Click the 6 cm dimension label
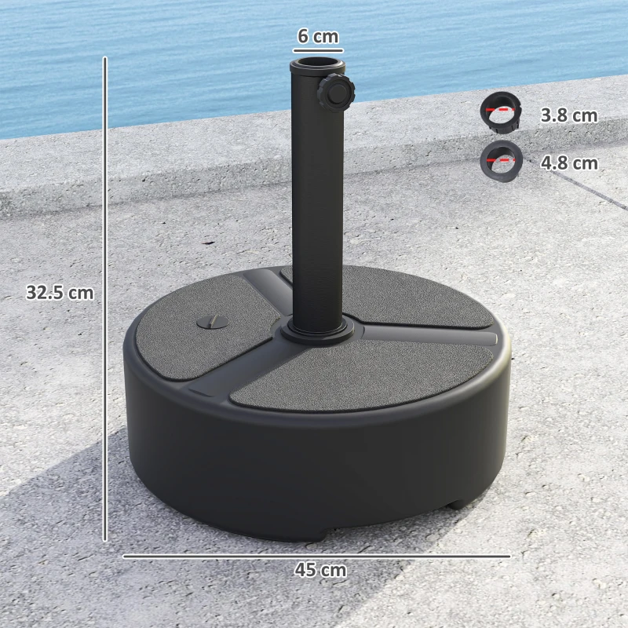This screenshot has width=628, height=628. pos(318,36)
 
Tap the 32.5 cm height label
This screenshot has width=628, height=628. pos(60,293)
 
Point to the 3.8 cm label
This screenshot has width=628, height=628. pos(568,116)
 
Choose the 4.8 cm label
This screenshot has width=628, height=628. pos(568,163)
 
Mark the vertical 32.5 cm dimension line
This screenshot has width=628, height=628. pos(104,298)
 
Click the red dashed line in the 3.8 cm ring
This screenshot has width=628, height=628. pos(497,111)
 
